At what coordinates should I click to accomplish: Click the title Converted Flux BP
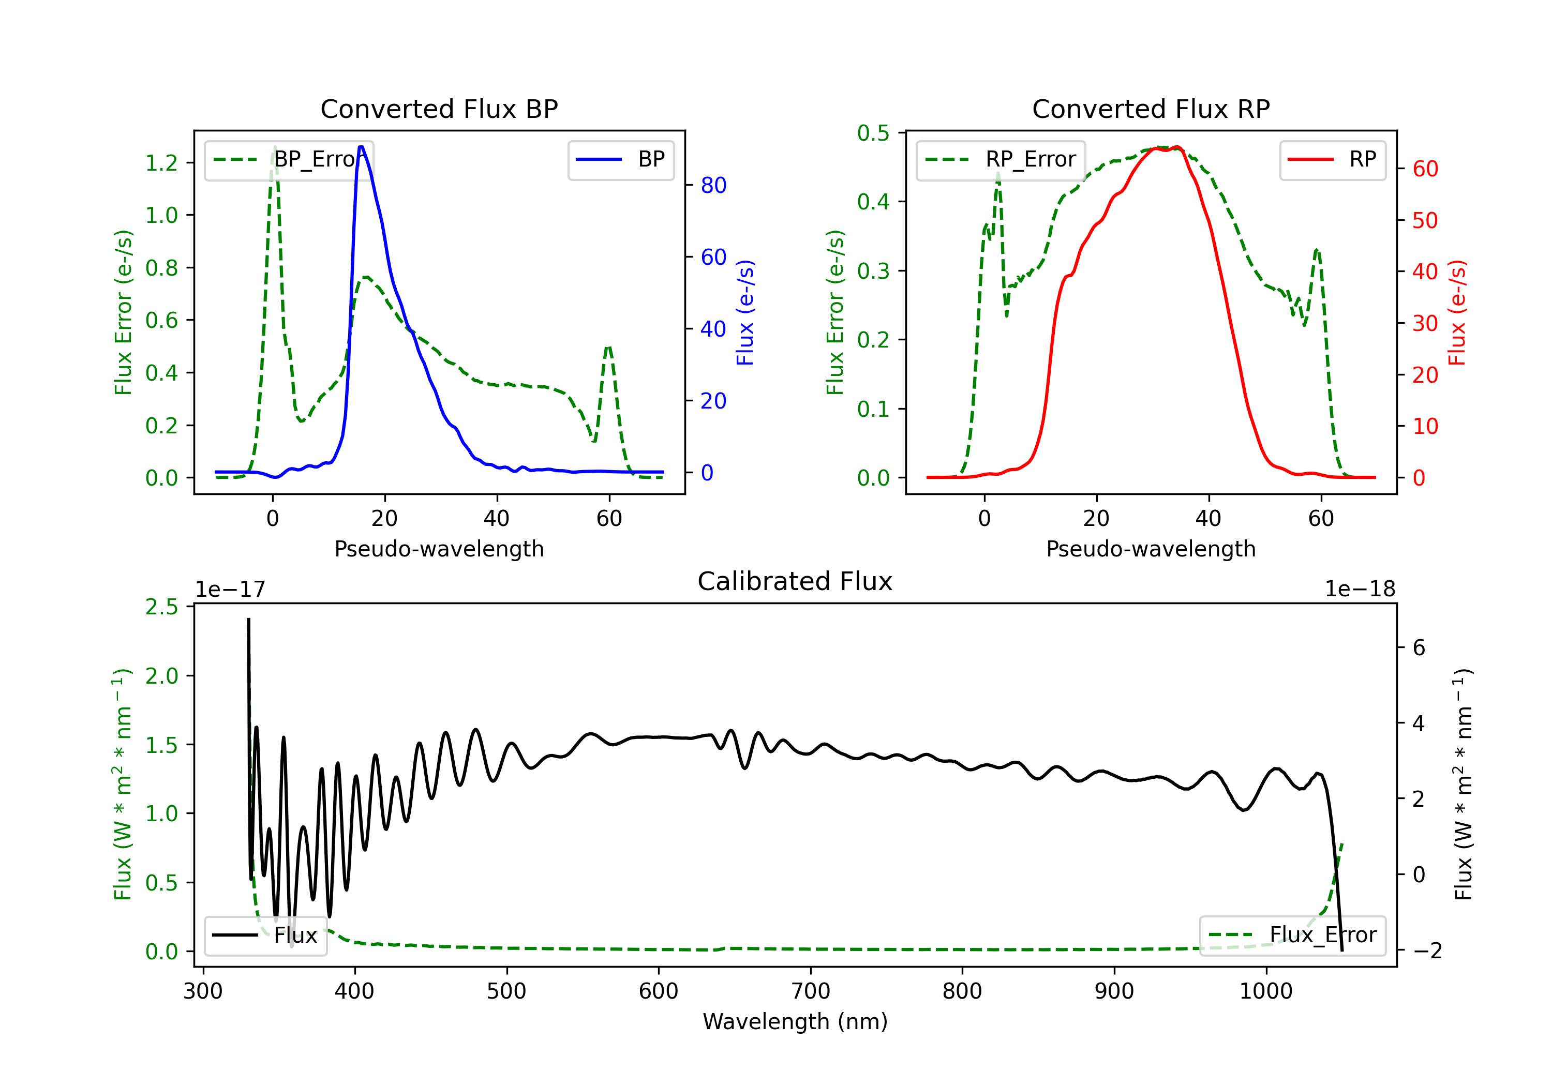439,109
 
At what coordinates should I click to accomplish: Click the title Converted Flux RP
1151,109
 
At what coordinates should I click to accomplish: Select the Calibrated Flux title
795,581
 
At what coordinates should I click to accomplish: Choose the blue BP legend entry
620,159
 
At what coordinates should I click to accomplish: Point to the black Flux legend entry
265,936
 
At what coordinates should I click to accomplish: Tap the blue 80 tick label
714,185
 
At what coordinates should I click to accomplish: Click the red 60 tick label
1426,169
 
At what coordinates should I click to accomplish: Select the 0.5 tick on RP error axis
873,133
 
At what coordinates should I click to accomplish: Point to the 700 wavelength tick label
811,991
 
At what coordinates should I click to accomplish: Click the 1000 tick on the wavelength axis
1266,991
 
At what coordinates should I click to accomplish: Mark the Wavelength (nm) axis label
795,1022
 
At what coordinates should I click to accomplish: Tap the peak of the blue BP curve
361,147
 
